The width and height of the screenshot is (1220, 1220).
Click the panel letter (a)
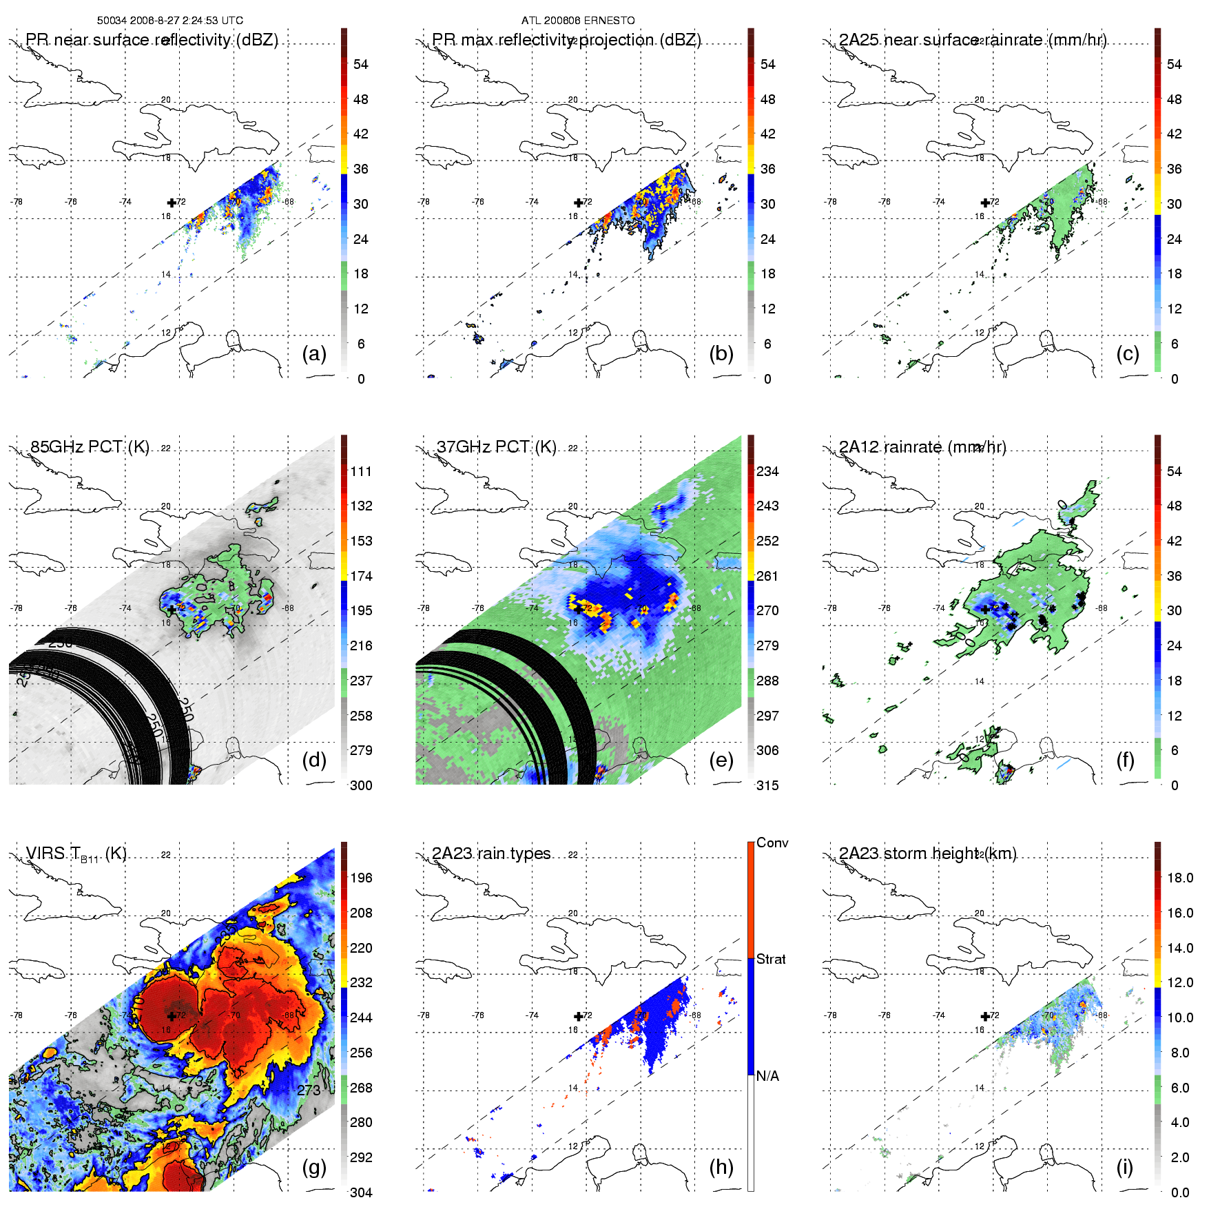pos(314,354)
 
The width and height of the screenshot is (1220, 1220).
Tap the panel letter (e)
pos(721,761)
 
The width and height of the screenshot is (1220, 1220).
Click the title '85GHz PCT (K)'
pos(90,447)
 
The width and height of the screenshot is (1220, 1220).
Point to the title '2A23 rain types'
pos(491,854)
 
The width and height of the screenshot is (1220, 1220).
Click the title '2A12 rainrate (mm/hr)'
pos(922,447)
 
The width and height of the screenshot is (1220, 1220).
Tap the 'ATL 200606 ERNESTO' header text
pos(578,21)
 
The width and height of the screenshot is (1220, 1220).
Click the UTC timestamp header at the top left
pos(170,21)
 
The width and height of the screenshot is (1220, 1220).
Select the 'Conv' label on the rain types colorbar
pos(772,842)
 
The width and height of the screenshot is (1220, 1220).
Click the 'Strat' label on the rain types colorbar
pos(771,959)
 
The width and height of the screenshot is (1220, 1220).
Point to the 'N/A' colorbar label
pos(767,1076)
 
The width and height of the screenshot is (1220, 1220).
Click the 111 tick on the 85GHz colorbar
pos(361,471)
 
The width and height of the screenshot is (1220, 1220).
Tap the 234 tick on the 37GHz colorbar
pos(767,471)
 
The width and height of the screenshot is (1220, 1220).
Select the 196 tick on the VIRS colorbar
pos(361,878)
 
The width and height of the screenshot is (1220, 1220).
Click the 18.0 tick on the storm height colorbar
pos(1180,878)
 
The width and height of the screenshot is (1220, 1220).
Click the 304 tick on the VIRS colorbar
pos(361,1192)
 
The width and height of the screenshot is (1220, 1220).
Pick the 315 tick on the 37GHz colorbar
pos(767,785)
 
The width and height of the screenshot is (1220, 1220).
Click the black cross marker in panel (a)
pos(172,203)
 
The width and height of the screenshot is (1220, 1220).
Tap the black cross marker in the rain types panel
pos(578,1017)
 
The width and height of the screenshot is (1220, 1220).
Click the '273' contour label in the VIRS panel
pos(309,1090)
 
